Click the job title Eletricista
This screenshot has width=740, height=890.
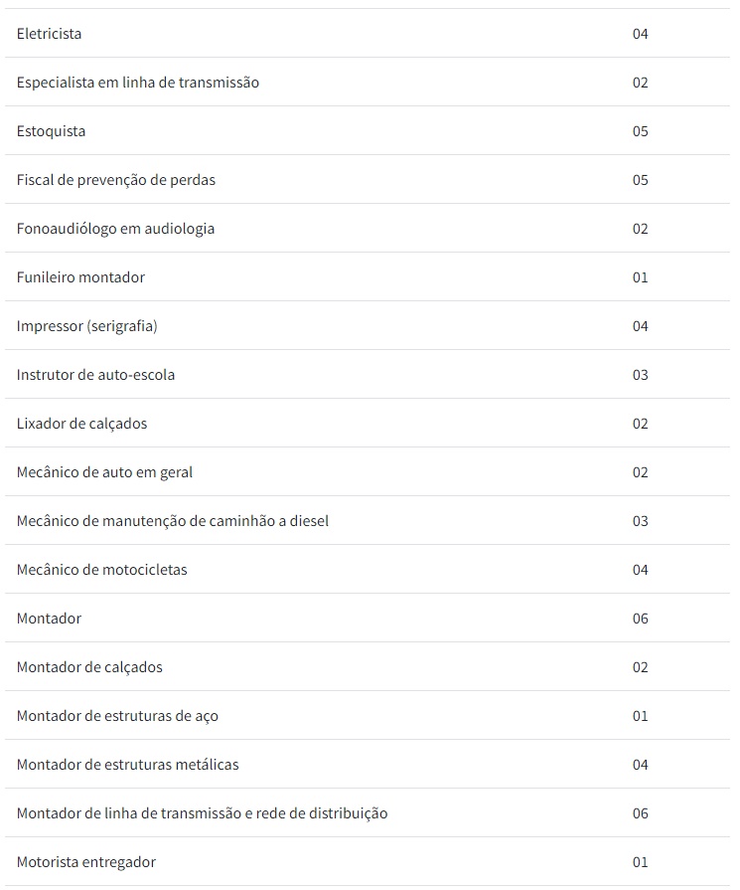point(49,34)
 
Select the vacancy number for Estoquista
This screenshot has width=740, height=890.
point(640,131)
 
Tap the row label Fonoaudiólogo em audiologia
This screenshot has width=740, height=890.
point(115,229)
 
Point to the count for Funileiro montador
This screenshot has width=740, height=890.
point(640,277)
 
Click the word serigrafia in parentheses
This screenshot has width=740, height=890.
point(122,326)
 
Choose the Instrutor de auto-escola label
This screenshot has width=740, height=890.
point(95,375)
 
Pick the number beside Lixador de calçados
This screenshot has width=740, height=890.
point(640,424)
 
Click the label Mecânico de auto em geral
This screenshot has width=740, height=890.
point(104,472)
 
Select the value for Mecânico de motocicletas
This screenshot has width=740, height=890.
point(640,570)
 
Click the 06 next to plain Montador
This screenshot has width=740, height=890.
point(640,619)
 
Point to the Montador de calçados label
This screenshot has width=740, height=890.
point(89,667)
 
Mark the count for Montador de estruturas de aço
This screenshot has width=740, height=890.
point(640,716)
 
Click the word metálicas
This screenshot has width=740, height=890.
point(207,765)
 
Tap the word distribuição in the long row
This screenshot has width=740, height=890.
point(347,813)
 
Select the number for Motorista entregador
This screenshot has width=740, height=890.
point(640,862)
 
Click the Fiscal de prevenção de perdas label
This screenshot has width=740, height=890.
point(115,180)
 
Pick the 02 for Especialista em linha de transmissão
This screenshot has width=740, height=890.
point(640,83)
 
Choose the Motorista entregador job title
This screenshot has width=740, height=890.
point(85,862)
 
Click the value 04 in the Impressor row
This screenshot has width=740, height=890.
point(640,326)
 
